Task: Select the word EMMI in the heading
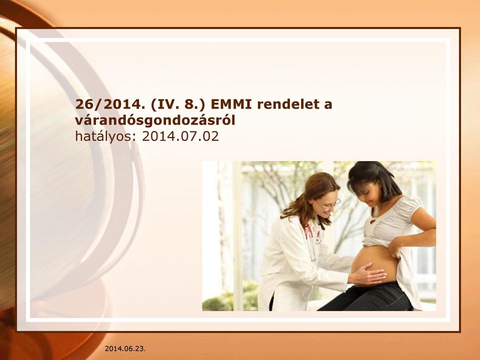(x=231, y=104)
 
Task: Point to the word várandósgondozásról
(x=155, y=120)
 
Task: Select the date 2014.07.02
(x=180, y=136)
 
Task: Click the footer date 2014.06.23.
(x=125, y=348)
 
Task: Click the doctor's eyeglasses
(x=328, y=203)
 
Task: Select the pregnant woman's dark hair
(x=374, y=178)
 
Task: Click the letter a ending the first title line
(x=328, y=106)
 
